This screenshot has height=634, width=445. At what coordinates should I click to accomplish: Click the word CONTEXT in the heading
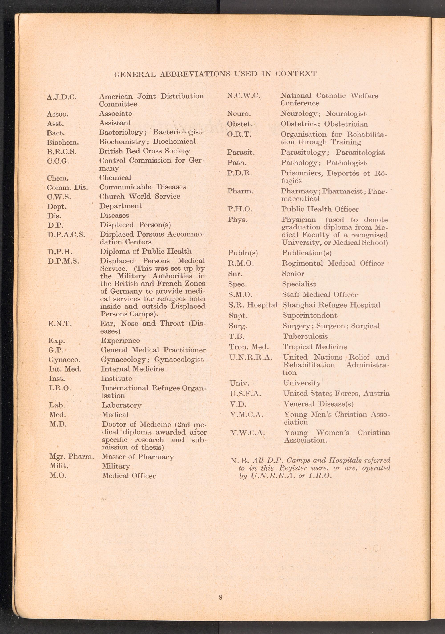(x=296, y=74)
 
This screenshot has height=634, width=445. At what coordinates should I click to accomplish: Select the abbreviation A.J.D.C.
(x=62, y=97)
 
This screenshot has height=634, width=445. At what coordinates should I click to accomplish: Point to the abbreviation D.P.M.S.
(x=63, y=261)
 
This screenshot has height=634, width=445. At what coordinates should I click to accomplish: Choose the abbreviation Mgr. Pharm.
(x=72, y=457)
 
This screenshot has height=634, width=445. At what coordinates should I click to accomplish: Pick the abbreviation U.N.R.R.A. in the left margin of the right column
(x=251, y=358)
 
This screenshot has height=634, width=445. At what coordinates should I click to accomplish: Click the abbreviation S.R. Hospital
(x=253, y=305)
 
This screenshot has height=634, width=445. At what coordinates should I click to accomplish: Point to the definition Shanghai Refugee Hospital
(x=331, y=305)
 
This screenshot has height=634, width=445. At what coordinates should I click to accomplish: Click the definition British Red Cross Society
(x=144, y=151)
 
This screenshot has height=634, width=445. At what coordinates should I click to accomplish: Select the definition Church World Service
(x=140, y=196)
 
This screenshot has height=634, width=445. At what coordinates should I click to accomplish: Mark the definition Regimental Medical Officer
(x=333, y=264)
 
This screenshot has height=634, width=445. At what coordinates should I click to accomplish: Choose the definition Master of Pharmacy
(x=138, y=457)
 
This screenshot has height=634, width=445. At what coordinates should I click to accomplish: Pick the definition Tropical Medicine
(x=315, y=347)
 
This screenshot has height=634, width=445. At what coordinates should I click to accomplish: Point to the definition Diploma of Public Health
(x=146, y=251)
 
